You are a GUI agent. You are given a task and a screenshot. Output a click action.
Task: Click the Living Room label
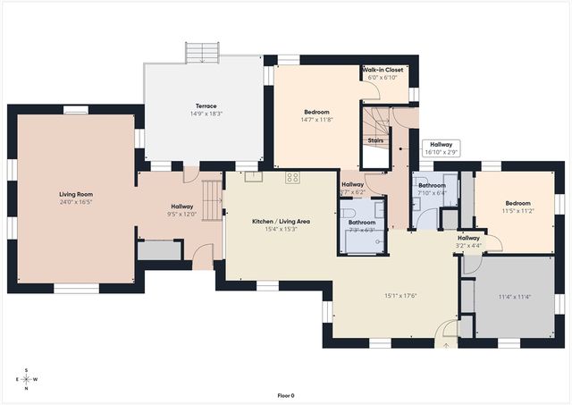(x=76, y=194)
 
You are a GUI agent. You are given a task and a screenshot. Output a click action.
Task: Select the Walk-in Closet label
(x=383, y=70)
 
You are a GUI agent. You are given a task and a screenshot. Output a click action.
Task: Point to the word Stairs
(x=376, y=140)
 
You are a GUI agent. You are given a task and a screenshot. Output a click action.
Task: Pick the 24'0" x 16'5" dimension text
(x=76, y=203)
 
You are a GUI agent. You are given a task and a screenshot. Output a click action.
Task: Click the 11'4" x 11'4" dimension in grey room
(x=515, y=297)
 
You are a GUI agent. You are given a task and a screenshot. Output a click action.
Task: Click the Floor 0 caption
(x=286, y=395)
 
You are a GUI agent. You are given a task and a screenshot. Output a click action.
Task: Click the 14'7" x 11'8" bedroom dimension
(x=317, y=120)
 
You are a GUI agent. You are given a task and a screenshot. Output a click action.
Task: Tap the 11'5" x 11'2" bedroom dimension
(x=517, y=211)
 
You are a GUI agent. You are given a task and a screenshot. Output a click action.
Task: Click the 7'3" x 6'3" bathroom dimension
(x=362, y=230)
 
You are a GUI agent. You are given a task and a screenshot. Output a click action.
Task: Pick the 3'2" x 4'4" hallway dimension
(x=468, y=246)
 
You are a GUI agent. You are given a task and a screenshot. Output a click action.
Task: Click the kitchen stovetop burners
(x=291, y=177)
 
